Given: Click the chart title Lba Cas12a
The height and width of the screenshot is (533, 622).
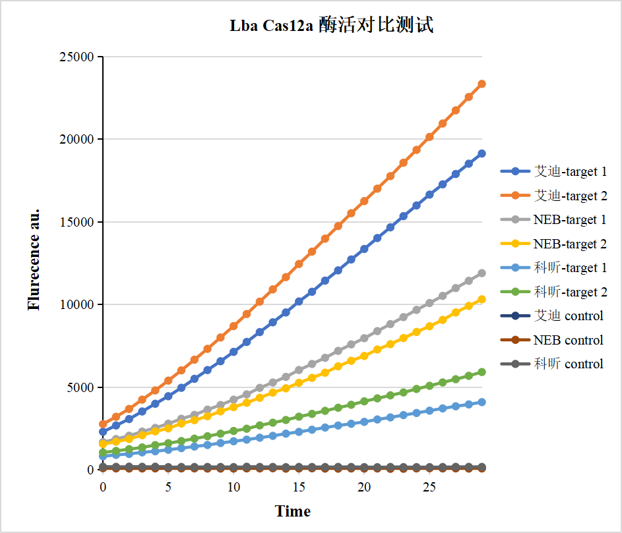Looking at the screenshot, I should coord(331,26).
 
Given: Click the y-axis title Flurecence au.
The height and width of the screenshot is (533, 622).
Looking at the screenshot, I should coord(34,259).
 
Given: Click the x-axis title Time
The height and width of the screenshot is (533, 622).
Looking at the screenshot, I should coord(292,511).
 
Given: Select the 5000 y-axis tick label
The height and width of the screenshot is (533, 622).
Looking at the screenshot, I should coord(80,387).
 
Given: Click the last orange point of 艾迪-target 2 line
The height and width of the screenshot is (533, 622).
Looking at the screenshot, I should coord(482,84).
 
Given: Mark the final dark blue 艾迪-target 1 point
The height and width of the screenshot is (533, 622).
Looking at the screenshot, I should coord(482,154).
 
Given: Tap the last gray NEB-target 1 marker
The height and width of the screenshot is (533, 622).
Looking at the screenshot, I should coord(482,273).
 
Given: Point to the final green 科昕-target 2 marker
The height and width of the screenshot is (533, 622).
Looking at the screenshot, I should coord(482,372).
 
